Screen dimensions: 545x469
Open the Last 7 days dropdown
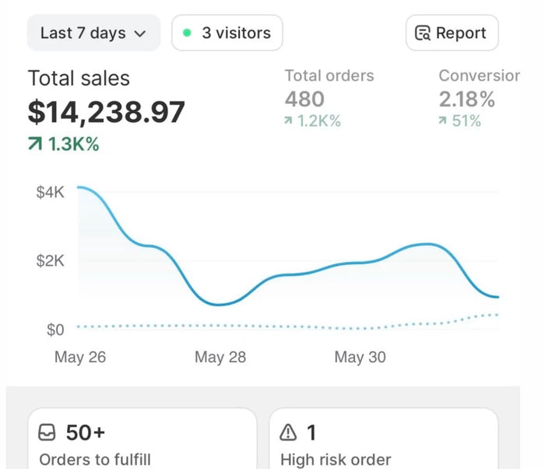93,33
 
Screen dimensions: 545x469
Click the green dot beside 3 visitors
187,33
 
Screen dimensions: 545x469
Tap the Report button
452,33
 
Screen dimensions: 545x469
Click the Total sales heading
79,78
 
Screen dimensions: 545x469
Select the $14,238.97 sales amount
107,112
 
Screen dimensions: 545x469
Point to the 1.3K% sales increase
64,144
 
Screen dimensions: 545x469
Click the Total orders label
329,76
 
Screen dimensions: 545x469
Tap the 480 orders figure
304,99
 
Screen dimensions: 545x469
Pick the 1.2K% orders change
312,121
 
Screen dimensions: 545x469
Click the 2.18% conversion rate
467,99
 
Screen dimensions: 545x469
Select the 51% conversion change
460,121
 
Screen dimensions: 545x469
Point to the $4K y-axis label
51,192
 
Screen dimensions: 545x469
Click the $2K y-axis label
51,260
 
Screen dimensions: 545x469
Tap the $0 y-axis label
55,330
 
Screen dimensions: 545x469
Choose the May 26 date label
80,357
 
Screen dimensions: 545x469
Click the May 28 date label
220,357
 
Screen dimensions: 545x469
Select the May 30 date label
360,357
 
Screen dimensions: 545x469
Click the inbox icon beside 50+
47,432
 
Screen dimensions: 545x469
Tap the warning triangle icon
288,432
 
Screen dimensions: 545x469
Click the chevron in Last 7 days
139,33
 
